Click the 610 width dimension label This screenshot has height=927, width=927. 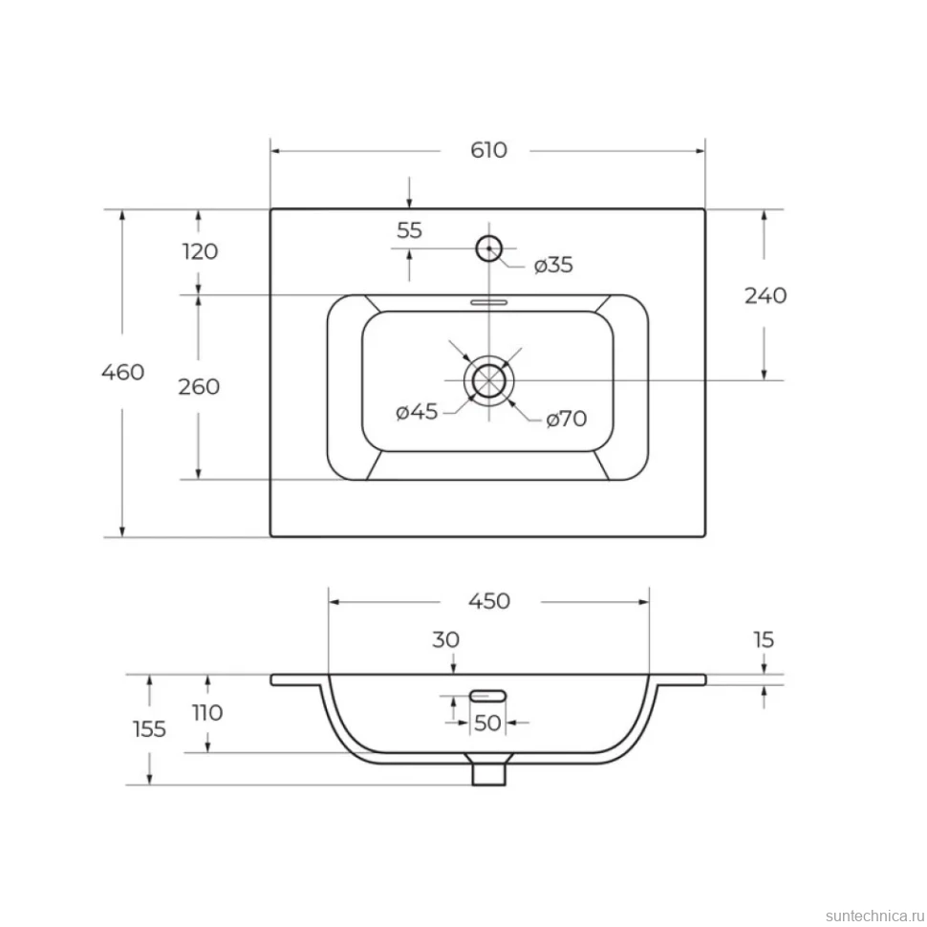488,150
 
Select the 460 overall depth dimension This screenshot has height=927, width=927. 123,372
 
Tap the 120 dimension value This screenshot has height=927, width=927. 201,251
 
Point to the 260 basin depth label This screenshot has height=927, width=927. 199,387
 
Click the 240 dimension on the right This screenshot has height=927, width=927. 765,295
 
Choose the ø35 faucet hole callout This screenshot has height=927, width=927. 553,265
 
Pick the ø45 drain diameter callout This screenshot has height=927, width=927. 417,412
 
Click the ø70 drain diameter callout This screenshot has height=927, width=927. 567,420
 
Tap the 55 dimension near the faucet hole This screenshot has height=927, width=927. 409,230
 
